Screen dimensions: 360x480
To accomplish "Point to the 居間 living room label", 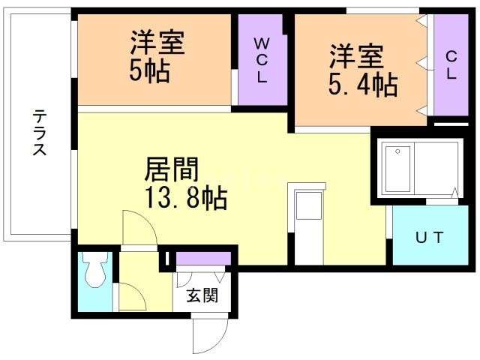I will click(171, 170).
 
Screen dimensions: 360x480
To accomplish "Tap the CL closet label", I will click(451, 64).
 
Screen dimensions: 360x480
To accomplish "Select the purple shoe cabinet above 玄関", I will click(204, 259).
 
